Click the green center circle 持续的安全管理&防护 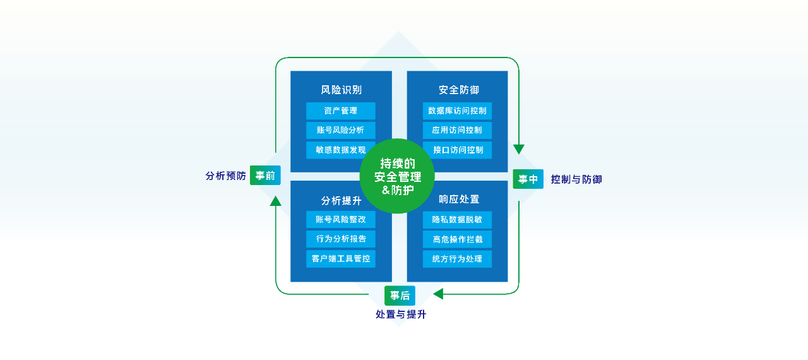pyautogui.click(x=397, y=176)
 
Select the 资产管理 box pyautogui.click(x=341, y=111)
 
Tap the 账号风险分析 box pyautogui.click(x=341, y=131)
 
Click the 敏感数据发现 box pyautogui.click(x=341, y=150)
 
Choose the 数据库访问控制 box pyautogui.click(x=457, y=111)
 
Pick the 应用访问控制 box pyautogui.click(x=457, y=131)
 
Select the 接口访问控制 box pyautogui.click(x=457, y=150)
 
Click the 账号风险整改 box pyautogui.click(x=341, y=220)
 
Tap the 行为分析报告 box pyautogui.click(x=341, y=239)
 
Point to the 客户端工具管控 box pyautogui.click(x=341, y=259)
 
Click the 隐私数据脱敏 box pyautogui.click(x=457, y=220)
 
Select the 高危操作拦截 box pyautogui.click(x=457, y=239)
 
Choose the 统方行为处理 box pyautogui.click(x=457, y=259)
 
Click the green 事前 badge pyautogui.click(x=265, y=176)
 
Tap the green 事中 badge pyautogui.click(x=528, y=179)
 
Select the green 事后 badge pyautogui.click(x=400, y=296)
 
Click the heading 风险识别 pyautogui.click(x=341, y=90)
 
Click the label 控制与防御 pyautogui.click(x=576, y=179)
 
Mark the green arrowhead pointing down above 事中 pyautogui.click(x=519, y=149)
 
